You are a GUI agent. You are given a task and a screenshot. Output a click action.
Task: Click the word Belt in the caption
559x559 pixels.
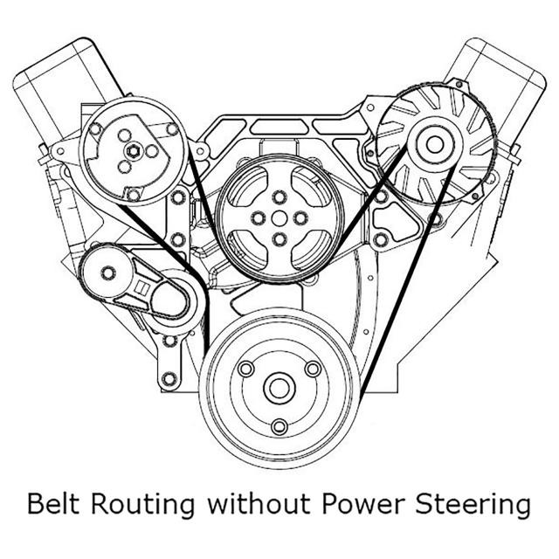pyautogui.click(x=53, y=504)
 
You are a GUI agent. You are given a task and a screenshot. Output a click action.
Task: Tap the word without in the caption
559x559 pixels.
pyautogui.click(x=259, y=504)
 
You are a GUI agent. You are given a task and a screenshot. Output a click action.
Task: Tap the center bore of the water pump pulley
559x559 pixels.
pyautogui.click(x=279, y=218)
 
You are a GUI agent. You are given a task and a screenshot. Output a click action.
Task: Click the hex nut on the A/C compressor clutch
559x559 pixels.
pyautogui.click(x=133, y=151)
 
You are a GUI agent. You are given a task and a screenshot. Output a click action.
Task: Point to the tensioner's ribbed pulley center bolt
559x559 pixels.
pyautogui.click(x=107, y=273)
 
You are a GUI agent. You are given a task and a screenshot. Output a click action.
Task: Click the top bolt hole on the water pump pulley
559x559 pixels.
pyautogui.click(x=279, y=197)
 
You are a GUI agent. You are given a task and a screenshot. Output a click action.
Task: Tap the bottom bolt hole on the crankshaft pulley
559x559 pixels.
pyautogui.click(x=279, y=426)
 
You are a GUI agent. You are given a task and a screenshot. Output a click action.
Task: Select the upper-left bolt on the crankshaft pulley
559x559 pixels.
pyautogui.click(x=246, y=369)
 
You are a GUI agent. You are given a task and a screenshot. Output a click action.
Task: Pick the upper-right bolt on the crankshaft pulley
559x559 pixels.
pyautogui.click(x=313, y=369)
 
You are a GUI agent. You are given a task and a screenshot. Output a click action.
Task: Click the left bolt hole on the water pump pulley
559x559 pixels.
pyautogui.click(x=259, y=218)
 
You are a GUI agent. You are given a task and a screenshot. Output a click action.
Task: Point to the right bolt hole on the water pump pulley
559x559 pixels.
pyautogui.click(x=300, y=218)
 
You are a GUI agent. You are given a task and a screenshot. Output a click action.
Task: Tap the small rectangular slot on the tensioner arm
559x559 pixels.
pyautogui.click(x=142, y=287)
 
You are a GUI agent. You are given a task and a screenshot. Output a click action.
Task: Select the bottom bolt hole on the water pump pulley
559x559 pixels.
pyautogui.click(x=279, y=239)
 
